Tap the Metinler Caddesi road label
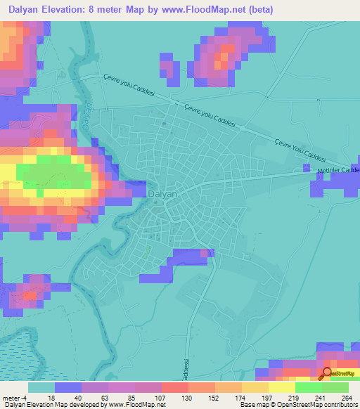pos(337,171)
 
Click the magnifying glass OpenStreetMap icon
pos(328,373)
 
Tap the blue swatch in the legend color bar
pos(68,387)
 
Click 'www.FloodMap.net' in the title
pos(209,10)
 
